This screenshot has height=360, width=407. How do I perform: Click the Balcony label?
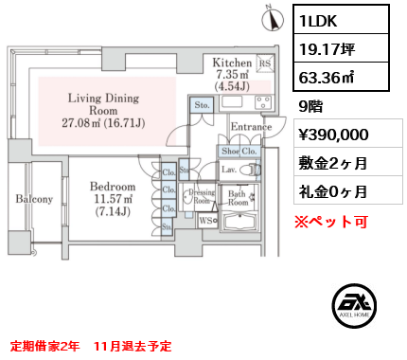point(34,200)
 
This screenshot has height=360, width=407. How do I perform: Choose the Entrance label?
point(250,127)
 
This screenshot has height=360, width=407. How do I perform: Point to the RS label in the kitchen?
point(264,66)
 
